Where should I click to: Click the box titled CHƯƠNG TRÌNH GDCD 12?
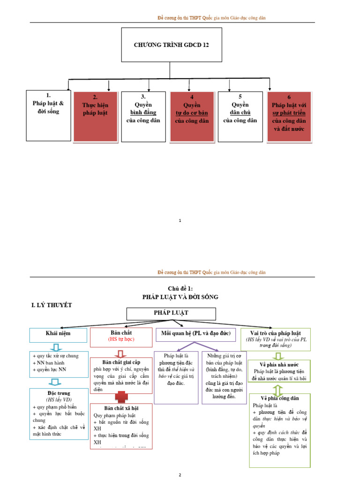point(172,45)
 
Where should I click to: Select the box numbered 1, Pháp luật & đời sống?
point(48,115)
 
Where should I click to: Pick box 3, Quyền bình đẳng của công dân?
point(143,116)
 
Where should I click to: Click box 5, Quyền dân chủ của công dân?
point(240,116)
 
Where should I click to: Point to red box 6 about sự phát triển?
point(289,116)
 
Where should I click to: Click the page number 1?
point(180,220)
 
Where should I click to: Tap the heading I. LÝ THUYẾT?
point(52,305)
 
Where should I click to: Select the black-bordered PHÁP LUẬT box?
point(171,314)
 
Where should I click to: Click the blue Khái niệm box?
point(58,335)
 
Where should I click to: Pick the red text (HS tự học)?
point(120,339)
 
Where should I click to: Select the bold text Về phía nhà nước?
point(279,364)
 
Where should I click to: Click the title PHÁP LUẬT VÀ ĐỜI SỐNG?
point(180,297)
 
